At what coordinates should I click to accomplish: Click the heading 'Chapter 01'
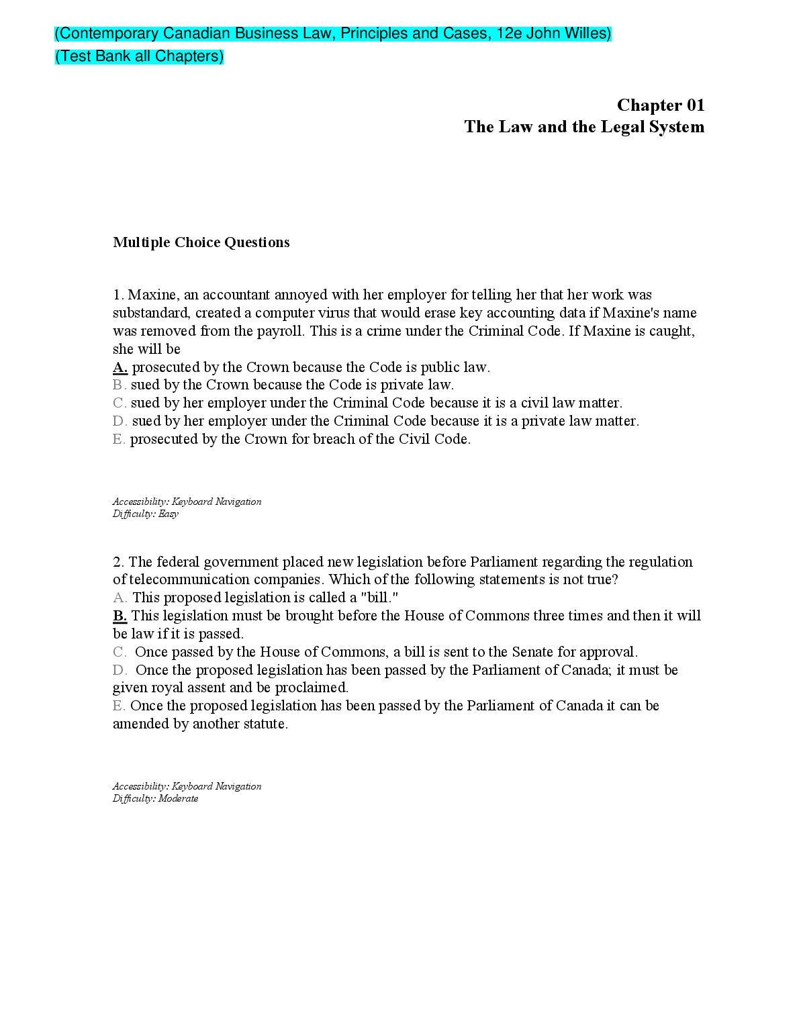click(x=660, y=105)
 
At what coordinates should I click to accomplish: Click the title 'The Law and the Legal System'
click(x=583, y=127)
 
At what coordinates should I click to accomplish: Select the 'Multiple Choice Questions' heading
click(x=201, y=242)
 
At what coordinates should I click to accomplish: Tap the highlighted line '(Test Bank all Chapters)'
click(x=139, y=56)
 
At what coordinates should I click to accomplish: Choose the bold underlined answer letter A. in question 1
click(x=120, y=367)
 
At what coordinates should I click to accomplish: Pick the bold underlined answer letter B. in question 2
click(x=120, y=616)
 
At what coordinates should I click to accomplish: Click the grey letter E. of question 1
click(x=119, y=439)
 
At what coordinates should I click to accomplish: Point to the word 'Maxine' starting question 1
click(x=152, y=295)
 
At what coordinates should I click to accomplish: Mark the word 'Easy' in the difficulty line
click(x=169, y=514)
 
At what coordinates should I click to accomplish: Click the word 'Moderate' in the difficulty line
click(x=178, y=799)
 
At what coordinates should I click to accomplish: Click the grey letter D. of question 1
click(x=120, y=421)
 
